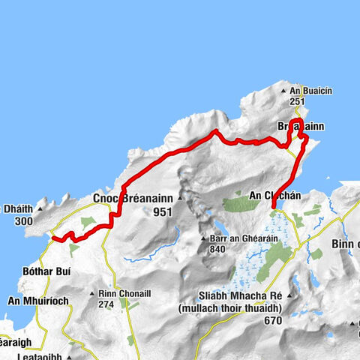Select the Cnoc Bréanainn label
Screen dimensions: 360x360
click(x=132, y=198)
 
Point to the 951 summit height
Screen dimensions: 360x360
click(x=161, y=212)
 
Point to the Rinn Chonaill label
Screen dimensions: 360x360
click(x=124, y=294)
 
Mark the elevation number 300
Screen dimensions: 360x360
click(x=23, y=221)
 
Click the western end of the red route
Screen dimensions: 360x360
click(x=52, y=239)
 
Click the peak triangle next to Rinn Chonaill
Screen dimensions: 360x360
click(x=91, y=294)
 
